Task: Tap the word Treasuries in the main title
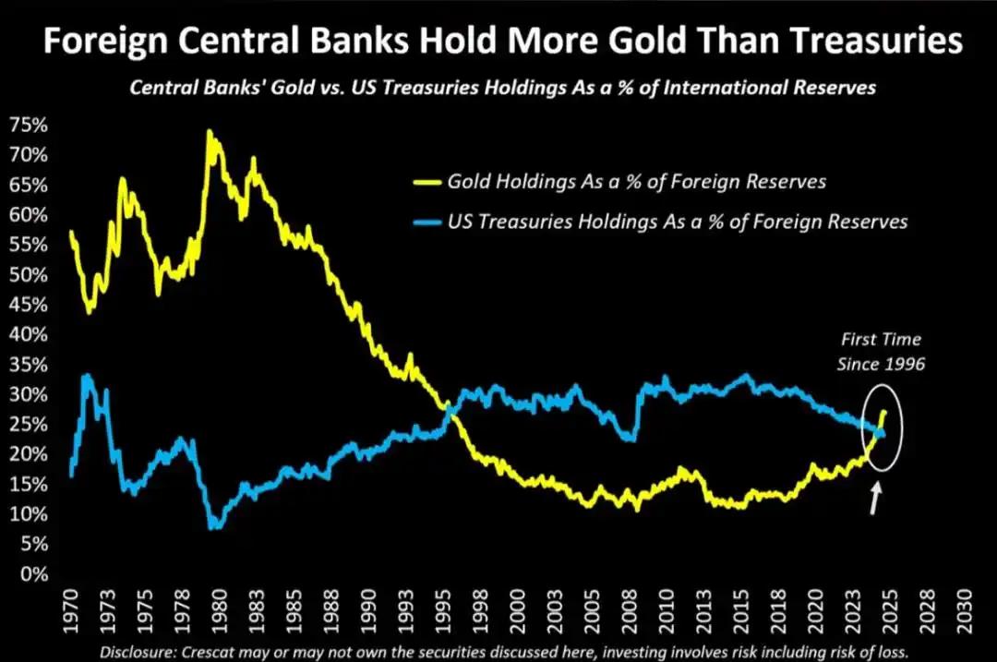[x=867, y=42]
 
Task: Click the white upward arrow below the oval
[x=876, y=500]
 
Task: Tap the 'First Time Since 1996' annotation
[x=880, y=351]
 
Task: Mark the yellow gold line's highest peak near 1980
[x=209, y=132]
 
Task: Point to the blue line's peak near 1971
[x=87, y=375]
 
